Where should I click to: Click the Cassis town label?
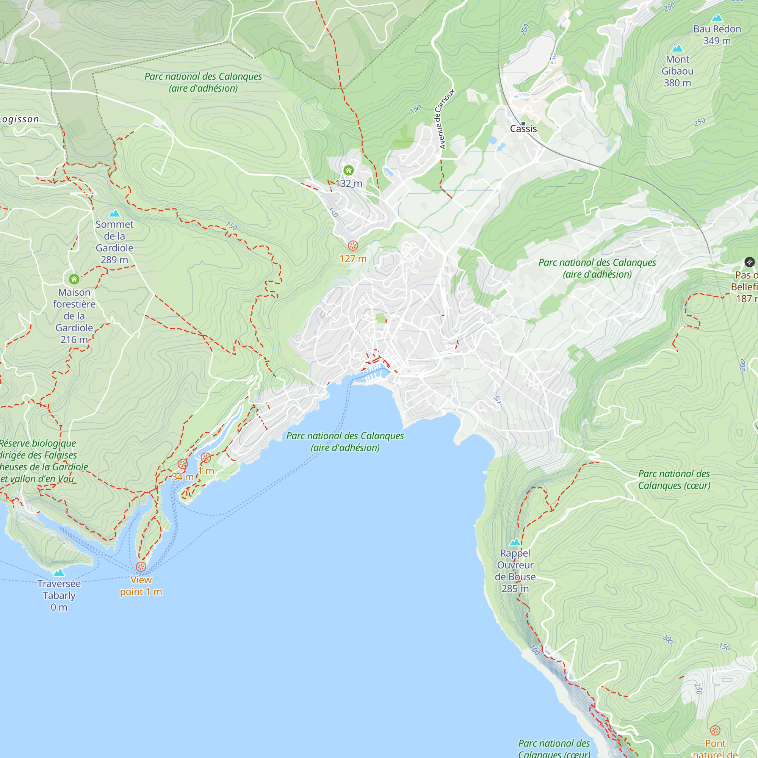click(523, 129)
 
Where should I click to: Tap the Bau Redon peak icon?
click(717, 18)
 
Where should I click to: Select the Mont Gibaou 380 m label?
click(677, 71)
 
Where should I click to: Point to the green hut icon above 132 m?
click(348, 170)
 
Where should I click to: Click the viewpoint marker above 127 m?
click(353, 246)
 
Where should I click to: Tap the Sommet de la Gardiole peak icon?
click(114, 213)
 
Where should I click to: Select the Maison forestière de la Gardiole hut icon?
click(74, 279)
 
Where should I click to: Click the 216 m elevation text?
click(74, 339)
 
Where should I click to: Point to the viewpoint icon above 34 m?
click(182, 464)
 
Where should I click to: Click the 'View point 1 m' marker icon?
click(141, 567)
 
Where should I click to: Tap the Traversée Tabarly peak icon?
click(59, 572)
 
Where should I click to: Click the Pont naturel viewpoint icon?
click(715, 730)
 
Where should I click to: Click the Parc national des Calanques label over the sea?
click(345, 442)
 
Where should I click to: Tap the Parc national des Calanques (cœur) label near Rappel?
click(673, 479)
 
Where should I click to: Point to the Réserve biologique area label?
click(39, 460)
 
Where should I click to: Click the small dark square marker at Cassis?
click(523, 123)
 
